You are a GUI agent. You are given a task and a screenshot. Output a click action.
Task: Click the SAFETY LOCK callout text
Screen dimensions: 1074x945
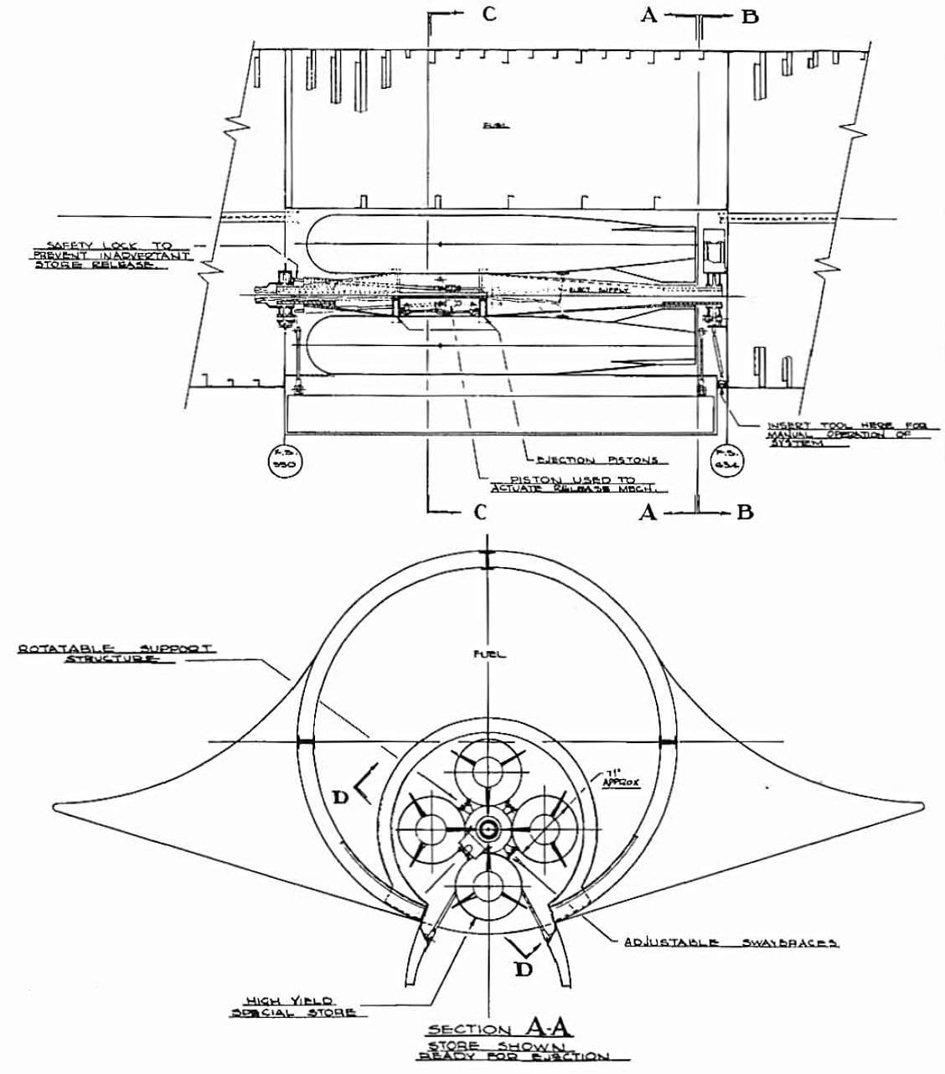(109, 255)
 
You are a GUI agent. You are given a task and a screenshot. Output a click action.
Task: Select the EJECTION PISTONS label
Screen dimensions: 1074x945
(596, 460)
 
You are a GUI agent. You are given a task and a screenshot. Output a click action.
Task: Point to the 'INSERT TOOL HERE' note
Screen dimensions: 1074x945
(838, 434)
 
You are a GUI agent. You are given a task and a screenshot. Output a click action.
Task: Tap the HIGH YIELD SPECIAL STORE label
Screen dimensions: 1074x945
(293, 1006)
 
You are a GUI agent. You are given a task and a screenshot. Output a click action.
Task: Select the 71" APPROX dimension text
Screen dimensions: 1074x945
(621, 777)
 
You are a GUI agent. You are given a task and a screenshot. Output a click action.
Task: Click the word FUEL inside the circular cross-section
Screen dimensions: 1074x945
(491, 654)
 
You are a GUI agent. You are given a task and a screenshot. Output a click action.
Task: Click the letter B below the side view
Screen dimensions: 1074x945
(744, 513)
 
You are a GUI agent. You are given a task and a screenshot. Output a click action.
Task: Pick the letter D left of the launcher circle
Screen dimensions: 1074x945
(341, 797)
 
